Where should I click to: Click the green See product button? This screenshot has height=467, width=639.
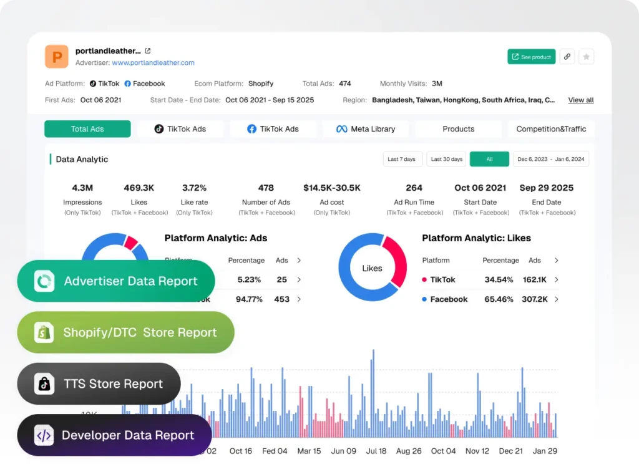pyautogui.click(x=531, y=57)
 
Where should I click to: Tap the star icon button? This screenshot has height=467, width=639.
pyautogui.click(x=586, y=57)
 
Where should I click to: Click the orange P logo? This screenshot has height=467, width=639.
pyautogui.click(x=57, y=57)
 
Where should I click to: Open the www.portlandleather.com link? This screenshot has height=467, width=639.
pyautogui.click(x=153, y=63)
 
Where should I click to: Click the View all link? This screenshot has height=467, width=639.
pyautogui.click(x=580, y=100)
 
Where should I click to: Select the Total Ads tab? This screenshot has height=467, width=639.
pyautogui.click(x=87, y=129)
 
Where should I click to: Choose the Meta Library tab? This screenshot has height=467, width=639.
pyautogui.click(x=366, y=129)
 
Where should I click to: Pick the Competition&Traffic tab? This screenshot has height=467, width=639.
pyautogui.click(x=551, y=129)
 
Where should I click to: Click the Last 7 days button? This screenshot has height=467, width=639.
pyautogui.click(x=402, y=159)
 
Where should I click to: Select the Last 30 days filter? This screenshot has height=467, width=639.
pyautogui.click(x=447, y=159)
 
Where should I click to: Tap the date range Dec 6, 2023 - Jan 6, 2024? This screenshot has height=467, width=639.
pyautogui.click(x=551, y=159)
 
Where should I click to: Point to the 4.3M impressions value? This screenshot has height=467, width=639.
pyautogui.click(x=82, y=188)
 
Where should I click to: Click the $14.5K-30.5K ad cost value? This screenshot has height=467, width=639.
pyautogui.click(x=332, y=188)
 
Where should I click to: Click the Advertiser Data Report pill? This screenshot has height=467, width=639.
pyautogui.click(x=116, y=281)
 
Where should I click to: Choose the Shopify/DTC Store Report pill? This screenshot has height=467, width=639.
pyautogui.click(x=125, y=332)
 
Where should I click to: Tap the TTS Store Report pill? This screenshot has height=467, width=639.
pyautogui.click(x=99, y=384)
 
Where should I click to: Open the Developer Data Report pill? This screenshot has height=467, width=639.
pyautogui.click(x=114, y=435)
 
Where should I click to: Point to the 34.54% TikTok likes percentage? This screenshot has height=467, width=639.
pyautogui.click(x=499, y=280)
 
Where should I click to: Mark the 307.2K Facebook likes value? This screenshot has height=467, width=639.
pyautogui.click(x=535, y=299)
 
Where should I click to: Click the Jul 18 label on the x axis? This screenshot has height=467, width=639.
pyautogui.click(x=376, y=451)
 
